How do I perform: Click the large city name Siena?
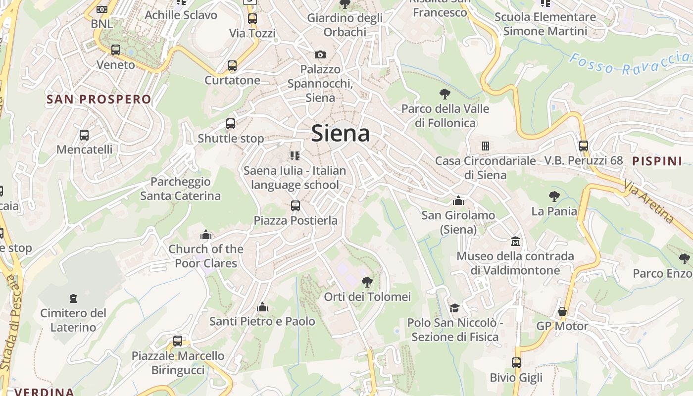pos(341,134)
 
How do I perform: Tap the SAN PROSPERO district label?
pos(99,99)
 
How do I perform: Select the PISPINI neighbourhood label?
pos(657,161)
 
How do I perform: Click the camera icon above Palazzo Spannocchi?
pos(320,54)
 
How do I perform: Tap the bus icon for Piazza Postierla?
pos(296,205)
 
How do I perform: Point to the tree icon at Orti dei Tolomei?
pos(367,282)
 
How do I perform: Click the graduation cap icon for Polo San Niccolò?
pos(454,308)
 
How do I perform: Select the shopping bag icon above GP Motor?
pos(562,311)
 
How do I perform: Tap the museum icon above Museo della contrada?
pos(515,242)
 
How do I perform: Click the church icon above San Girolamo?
pos(458,200)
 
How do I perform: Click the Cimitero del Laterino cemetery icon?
pos(73,298)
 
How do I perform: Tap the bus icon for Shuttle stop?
pos(231,124)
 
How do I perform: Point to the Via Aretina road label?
pos(649,201)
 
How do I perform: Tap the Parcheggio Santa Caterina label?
pos(180,189)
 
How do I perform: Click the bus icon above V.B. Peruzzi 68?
pos(584,146)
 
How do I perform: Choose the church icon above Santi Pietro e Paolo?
pos(262,307)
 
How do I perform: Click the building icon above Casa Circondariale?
pos(485,146)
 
